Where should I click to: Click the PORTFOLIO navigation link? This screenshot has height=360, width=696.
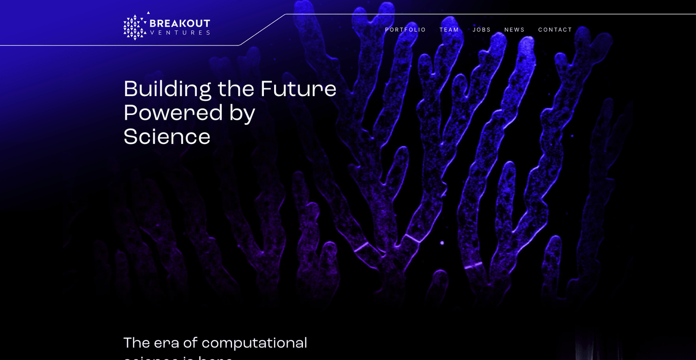pyautogui.click(x=405, y=30)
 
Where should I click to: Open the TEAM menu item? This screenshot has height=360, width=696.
pyautogui.click(x=449, y=30)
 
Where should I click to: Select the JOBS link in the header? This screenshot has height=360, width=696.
pyautogui.click(x=481, y=30)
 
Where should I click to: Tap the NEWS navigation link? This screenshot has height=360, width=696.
pyautogui.click(x=514, y=30)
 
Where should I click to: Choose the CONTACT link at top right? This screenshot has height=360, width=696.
pyautogui.click(x=555, y=30)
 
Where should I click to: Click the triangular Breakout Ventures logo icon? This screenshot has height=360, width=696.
pyautogui.click(x=135, y=27)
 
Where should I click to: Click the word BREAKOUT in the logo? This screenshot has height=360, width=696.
pyautogui.click(x=180, y=23)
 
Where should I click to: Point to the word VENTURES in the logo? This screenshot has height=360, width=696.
pyautogui.click(x=180, y=33)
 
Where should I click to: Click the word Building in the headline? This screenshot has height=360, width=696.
pyautogui.click(x=167, y=89)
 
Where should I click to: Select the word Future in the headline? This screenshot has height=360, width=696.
pyautogui.click(x=298, y=89)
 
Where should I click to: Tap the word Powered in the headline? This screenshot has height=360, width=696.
pyautogui.click(x=173, y=113)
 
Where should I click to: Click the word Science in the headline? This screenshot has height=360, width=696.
pyautogui.click(x=167, y=137)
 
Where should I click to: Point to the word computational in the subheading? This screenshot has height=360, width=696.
pyautogui.click(x=254, y=343)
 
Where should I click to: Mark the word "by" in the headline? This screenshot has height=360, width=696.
pyautogui.click(x=242, y=114)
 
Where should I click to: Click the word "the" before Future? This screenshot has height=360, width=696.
pyautogui.click(x=236, y=89)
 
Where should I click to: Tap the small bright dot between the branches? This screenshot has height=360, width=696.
pyautogui.click(x=442, y=243)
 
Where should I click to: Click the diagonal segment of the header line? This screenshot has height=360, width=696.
pyautogui.click(x=262, y=30)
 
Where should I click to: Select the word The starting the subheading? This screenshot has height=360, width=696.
pyautogui.click(x=136, y=343)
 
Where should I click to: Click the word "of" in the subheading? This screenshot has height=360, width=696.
pyautogui.click(x=190, y=343)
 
